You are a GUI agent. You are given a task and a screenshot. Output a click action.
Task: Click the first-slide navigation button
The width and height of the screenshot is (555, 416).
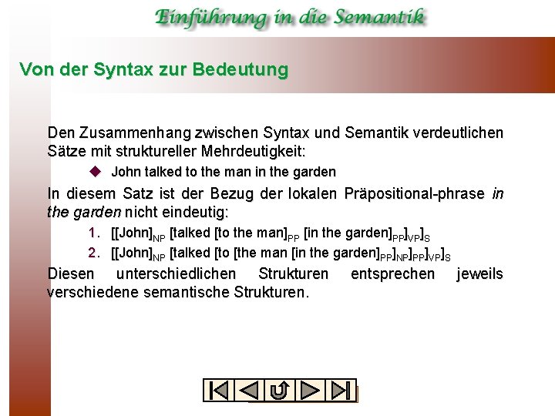tap(219, 391)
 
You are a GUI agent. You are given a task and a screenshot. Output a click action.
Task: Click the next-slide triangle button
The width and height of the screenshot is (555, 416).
tap(311, 391)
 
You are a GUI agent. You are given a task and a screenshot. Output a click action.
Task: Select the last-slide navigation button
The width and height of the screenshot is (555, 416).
tap(340, 391)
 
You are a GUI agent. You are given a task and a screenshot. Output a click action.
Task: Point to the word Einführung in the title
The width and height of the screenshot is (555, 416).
tap(203, 17)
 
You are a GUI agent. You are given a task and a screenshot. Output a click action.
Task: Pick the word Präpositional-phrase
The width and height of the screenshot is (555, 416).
tap(418, 193)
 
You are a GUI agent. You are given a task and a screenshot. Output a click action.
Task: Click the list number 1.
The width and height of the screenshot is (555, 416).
tap(93, 233)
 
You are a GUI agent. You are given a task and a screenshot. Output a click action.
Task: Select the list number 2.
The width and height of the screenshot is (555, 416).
tap(93, 252)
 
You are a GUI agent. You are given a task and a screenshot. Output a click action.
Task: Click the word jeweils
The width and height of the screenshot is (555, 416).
tap(479, 274)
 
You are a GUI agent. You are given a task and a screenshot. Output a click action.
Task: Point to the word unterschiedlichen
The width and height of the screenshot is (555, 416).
tap(177, 274)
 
